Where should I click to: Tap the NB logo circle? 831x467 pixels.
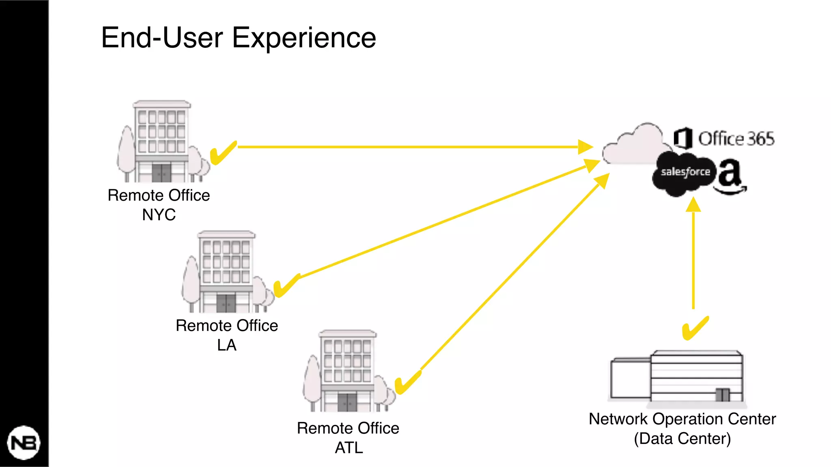24,443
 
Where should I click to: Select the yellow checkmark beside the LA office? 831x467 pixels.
286,285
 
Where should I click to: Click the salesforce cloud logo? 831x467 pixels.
685,173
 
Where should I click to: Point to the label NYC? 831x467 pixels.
159,214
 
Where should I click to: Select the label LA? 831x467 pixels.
226,345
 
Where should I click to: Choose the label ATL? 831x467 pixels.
349,448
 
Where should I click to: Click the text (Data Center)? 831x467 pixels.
682,439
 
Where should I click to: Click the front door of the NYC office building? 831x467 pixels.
161,173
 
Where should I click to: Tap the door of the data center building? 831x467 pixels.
722,394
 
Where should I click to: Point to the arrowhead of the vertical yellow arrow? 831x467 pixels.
693,205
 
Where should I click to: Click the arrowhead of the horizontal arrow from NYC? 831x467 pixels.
585,147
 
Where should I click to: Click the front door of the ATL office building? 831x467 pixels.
347,402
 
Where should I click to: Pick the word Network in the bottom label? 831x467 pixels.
618,419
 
